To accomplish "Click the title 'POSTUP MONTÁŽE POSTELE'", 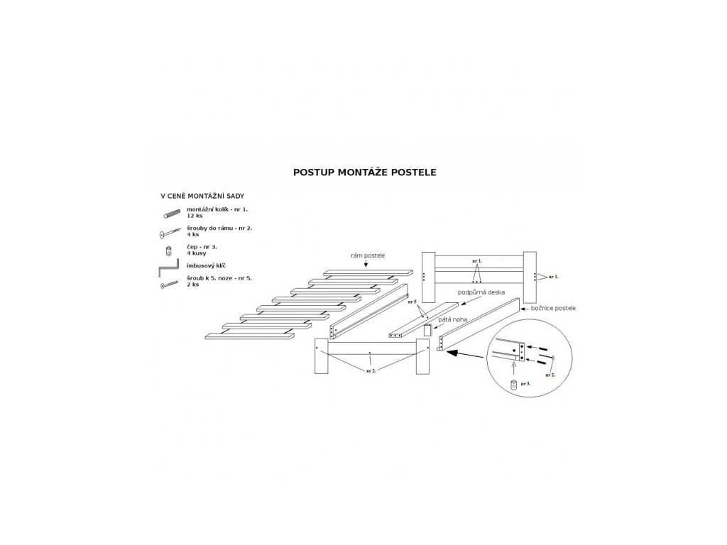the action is pos(364,172).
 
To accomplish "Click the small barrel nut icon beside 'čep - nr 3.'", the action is pos(168,251).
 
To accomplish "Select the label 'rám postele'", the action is pos(366,255).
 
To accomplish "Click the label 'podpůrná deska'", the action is pos(482,292).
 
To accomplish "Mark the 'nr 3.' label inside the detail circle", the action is pos(526,383).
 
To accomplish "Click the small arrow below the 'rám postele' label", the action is pos(366,264).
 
